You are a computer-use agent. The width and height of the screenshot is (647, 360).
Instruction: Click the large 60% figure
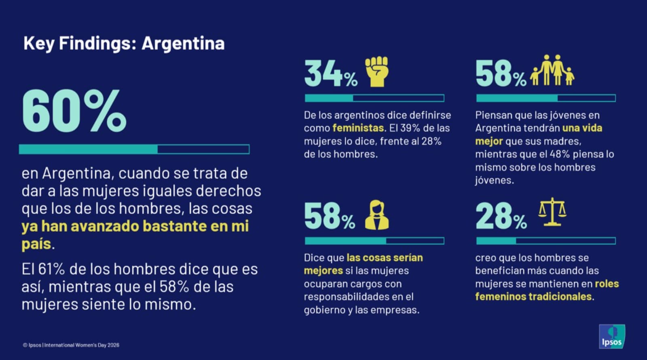[74, 111]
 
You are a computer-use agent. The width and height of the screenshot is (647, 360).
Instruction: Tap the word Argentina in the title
[183, 43]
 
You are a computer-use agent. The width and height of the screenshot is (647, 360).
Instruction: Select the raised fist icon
[376, 72]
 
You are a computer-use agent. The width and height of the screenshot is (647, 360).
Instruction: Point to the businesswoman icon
[376, 215]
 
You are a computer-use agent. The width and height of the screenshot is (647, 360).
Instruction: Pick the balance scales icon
[552, 212]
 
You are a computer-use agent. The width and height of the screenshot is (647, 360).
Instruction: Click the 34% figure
[330, 74]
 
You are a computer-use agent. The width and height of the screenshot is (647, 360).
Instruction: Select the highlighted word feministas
[358, 128]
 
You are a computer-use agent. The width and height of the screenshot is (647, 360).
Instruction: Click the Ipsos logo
[611, 337]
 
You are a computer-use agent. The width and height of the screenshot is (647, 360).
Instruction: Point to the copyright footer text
[71, 345]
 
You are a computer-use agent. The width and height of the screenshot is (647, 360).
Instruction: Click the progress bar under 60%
[134, 149]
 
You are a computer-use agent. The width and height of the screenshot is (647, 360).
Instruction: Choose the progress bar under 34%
[374, 98]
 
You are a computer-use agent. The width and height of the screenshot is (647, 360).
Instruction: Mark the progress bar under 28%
[546, 241]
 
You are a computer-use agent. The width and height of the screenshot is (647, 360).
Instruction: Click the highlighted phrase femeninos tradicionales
[533, 296]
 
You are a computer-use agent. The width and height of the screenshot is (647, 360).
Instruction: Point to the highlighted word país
[36, 244]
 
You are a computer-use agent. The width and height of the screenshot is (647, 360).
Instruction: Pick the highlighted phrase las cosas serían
[385, 258]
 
